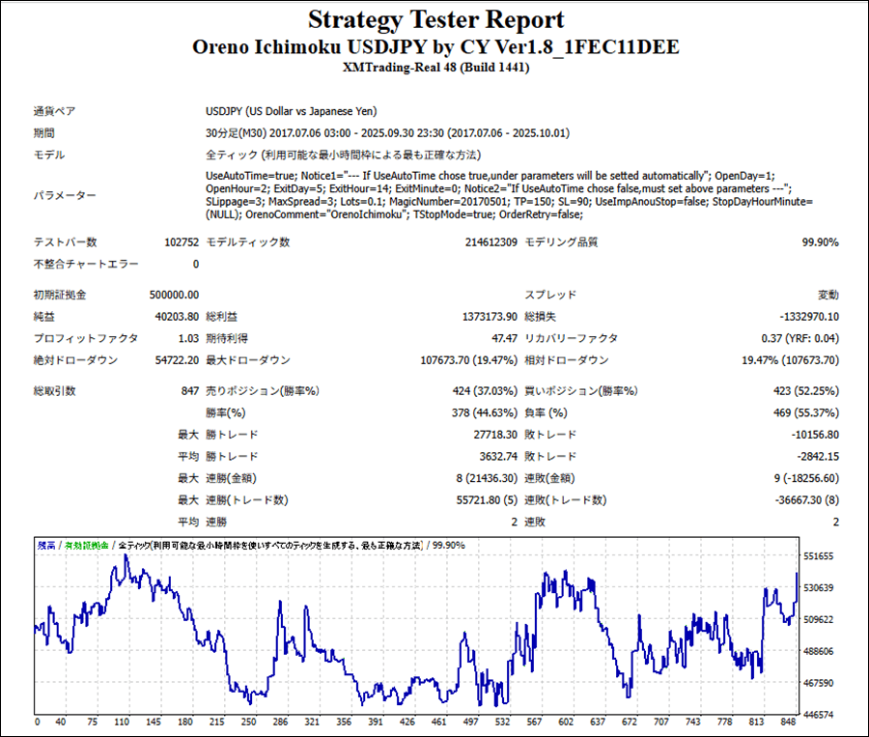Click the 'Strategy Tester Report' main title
click(x=436, y=20)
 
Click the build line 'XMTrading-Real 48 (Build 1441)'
click(x=436, y=68)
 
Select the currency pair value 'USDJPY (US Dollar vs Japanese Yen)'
click(x=291, y=111)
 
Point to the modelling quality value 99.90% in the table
click(x=820, y=242)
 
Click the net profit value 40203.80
click(x=177, y=317)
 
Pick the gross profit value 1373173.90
click(x=489, y=317)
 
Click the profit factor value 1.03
click(x=188, y=339)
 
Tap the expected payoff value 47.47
click(x=506, y=339)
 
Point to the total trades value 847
click(x=189, y=391)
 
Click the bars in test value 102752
click(x=182, y=242)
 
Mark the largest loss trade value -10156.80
click(x=806, y=435)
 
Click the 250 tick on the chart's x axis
click(x=248, y=722)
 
